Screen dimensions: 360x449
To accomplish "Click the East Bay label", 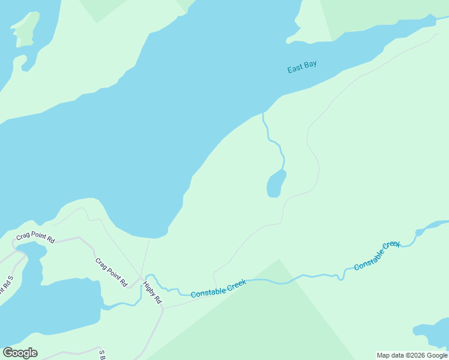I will coord(302,67).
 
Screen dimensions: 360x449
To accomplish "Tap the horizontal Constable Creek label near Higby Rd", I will coord(218,290).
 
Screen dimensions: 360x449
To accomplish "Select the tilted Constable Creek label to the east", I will coord(377,255).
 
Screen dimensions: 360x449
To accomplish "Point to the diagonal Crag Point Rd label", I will coord(111,272).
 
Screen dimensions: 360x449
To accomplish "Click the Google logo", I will coord(20,353).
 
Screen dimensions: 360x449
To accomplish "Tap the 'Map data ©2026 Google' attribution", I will coord(412,355).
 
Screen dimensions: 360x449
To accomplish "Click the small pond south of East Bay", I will coord(275,184).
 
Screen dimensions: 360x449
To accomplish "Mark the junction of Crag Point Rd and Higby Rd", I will coord(141,279).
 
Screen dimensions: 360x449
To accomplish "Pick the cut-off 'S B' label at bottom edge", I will coord(103,355).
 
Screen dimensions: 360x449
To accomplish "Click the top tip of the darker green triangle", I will coord(279,260).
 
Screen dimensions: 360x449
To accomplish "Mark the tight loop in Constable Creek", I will coord(340,277).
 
